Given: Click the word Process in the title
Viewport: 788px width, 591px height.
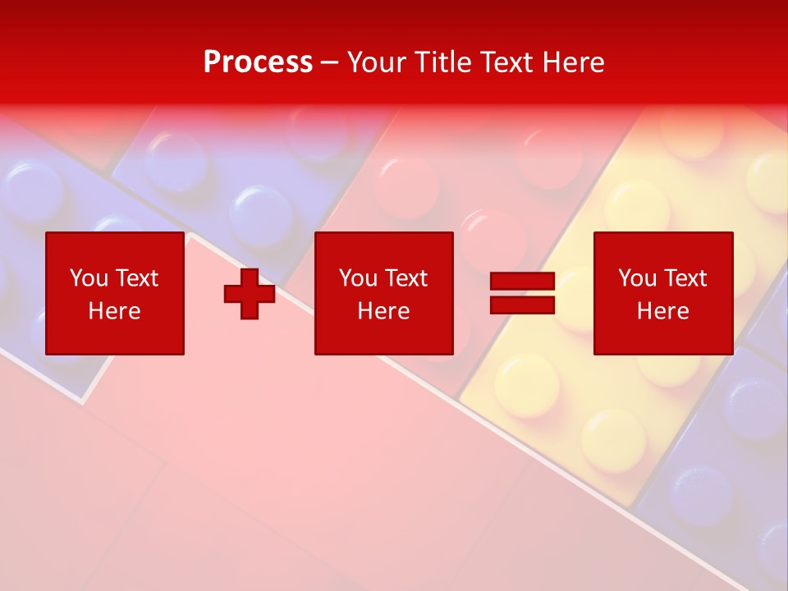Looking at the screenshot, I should (258, 62).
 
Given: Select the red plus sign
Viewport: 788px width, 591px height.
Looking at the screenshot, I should (250, 294).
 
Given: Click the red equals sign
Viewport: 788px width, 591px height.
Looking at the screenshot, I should (522, 294).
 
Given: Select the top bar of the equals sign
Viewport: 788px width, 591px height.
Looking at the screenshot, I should (522, 282).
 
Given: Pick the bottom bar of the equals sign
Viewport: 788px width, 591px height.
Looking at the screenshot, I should (522, 305).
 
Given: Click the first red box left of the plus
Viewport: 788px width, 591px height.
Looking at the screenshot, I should (115, 293).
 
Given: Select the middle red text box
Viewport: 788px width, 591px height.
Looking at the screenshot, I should (384, 293).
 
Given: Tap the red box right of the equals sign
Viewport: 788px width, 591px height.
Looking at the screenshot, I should (663, 293).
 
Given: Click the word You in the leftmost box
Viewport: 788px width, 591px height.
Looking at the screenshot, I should (89, 278).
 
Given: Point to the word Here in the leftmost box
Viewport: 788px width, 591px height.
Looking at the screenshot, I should (115, 311).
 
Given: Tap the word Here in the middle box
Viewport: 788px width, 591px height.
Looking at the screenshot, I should (384, 311).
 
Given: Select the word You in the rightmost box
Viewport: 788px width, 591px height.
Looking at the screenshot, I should (637, 278).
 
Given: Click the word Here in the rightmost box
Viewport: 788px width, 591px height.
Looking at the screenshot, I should (663, 311).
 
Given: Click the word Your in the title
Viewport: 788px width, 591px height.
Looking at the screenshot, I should (378, 62).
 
